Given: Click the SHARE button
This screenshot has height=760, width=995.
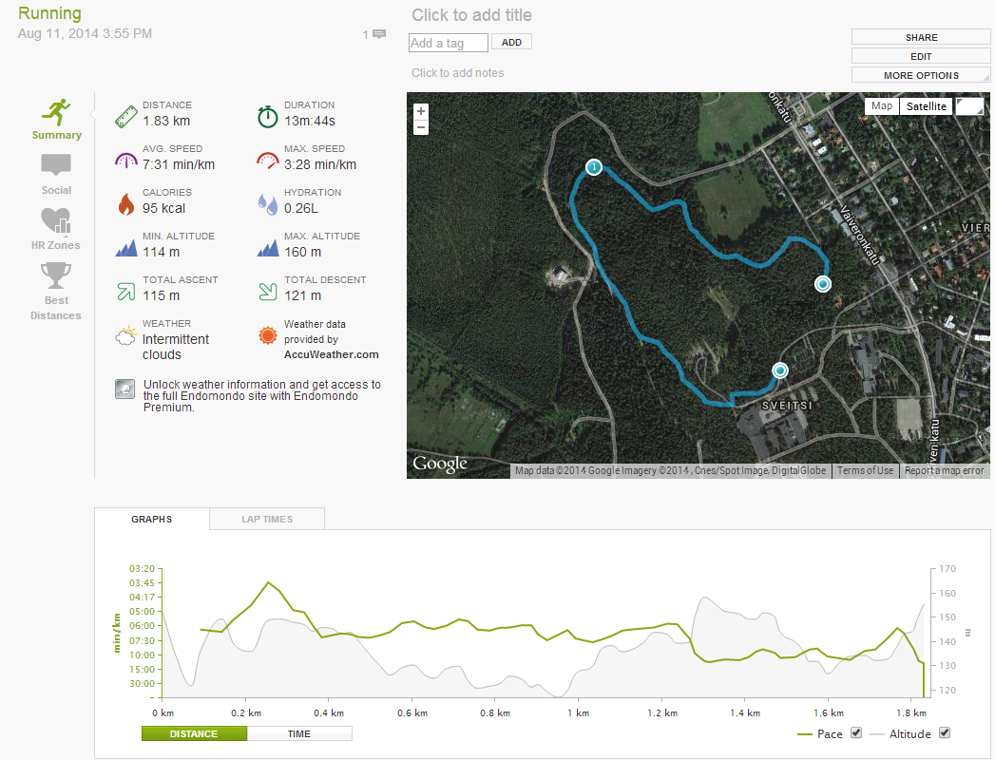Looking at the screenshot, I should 921,37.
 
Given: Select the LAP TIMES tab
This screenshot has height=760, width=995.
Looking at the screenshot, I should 267,519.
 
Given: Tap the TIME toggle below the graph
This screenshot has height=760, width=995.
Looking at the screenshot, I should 298,733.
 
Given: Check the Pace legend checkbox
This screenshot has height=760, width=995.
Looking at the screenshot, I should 856,733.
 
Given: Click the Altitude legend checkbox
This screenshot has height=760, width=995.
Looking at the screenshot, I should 944,733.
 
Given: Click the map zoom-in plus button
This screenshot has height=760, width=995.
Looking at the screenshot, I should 421,111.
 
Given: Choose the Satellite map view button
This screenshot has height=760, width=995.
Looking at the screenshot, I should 926,106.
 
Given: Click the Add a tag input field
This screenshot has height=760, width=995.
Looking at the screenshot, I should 448,43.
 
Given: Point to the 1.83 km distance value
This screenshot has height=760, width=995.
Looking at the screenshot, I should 165,121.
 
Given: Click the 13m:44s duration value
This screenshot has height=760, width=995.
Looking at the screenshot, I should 309,121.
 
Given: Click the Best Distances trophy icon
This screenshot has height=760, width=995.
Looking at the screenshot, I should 55,276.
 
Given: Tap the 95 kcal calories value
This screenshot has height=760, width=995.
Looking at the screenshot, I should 163,208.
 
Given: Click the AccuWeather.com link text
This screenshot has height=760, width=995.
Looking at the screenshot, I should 331,354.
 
